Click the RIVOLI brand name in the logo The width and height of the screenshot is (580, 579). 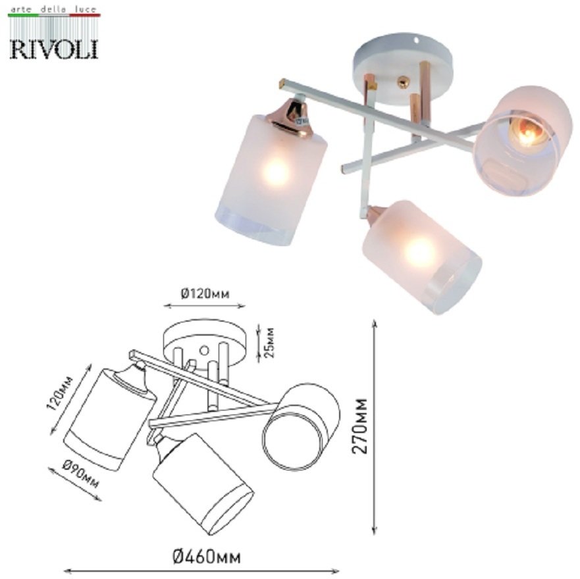54,49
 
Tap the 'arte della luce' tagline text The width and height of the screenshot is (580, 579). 54,9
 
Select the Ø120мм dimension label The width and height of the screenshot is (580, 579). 205,294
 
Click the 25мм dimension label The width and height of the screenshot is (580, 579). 270,342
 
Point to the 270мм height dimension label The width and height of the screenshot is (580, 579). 359,426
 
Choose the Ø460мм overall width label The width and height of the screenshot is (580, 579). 207,557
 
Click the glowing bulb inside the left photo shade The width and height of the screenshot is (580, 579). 276,172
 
